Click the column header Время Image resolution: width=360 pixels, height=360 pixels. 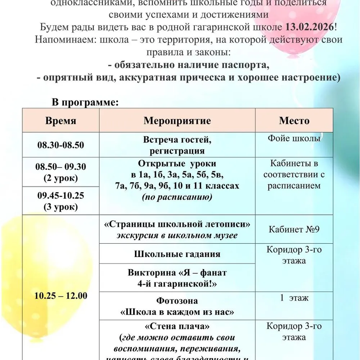60,121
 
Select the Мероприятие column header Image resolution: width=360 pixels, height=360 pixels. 177,121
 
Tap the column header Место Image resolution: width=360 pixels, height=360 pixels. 294,121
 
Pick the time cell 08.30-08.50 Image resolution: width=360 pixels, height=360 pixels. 60,145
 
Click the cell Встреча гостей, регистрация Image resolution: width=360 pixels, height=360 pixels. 177,145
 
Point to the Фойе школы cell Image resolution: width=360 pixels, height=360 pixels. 294,139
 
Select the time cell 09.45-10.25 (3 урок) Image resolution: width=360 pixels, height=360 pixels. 60,201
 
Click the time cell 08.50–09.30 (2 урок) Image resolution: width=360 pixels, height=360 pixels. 60,172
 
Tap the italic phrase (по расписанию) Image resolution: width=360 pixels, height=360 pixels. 177,197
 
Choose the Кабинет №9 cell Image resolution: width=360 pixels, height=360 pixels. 294,230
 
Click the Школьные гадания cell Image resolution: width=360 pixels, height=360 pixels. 177,254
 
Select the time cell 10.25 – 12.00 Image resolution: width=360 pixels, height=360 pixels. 60,296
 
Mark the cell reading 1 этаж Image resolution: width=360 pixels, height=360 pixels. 294,298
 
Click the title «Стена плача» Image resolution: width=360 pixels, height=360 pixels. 177,327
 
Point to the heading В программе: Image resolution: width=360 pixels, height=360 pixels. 85,103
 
